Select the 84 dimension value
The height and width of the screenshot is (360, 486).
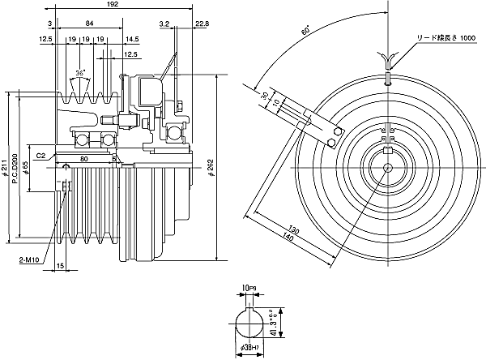pos(88,24)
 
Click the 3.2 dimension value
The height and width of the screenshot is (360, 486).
pos(164,24)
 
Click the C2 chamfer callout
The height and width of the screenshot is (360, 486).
pos(40,150)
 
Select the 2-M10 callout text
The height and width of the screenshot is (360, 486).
pos(28,261)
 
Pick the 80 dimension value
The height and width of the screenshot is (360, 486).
pos(83,159)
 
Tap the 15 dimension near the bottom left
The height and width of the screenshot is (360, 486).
pos(61,265)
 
